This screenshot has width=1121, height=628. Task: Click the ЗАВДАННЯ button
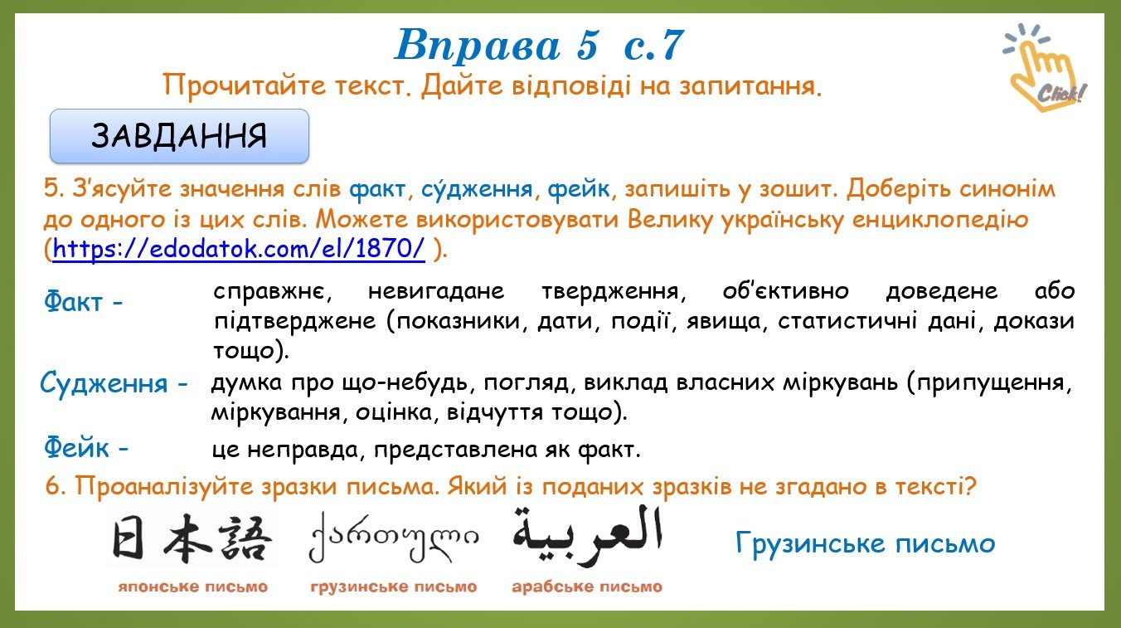pyautogui.click(x=179, y=136)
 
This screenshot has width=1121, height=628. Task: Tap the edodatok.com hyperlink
pyautogui.click(x=239, y=249)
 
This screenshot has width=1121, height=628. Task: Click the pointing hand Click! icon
pyautogui.click(x=1046, y=67)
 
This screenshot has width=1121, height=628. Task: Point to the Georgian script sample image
pyautogui.click(x=394, y=537)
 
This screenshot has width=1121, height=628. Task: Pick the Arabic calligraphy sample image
pyautogui.click(x=588, y=535)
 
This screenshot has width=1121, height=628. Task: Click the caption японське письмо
pyautogui.click(x=192, y=587)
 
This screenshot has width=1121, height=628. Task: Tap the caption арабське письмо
pyautogui.click(x=587, y=587)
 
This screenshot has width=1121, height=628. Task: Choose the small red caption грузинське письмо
pyautogui.click(x=394, y=587)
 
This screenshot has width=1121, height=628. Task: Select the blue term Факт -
pyautogui.click(x=83, y=301)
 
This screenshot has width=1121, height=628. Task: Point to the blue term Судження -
pyautogui.click(x=114, y=384)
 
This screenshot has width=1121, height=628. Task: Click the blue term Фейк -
pyautogui.click(x=86, y=446)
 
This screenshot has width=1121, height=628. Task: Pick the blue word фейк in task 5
pyautogui.click(x=579, y=189)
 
